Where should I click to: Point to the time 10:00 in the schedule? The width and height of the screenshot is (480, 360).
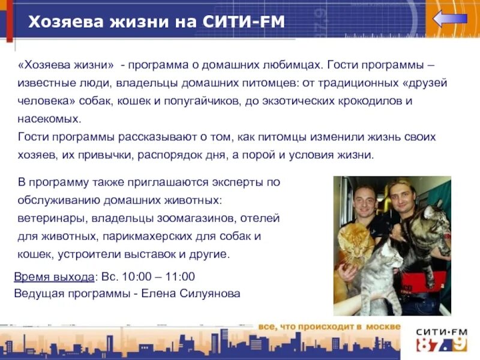tap(136, 277)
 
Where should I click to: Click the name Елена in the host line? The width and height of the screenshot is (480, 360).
tap(158, 293)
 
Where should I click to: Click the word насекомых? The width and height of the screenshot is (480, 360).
tap(49, 118)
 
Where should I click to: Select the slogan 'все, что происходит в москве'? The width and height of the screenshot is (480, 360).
tap(329, 326)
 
